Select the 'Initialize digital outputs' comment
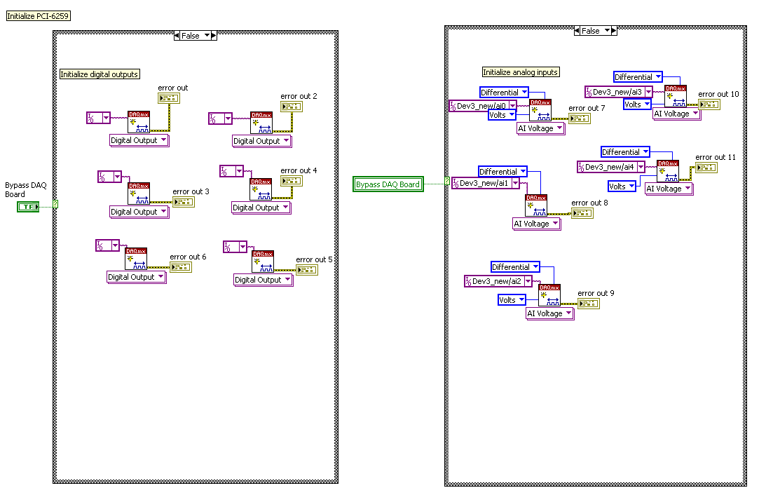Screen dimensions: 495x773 pos(99,74)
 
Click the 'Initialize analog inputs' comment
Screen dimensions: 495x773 pos(521,72)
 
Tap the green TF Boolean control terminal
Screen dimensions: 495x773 pos(28,206)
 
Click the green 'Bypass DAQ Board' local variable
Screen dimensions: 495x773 pos(388,184)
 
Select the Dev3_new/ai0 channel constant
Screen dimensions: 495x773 pos(482,106)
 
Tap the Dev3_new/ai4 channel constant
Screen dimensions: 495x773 pos(610,167)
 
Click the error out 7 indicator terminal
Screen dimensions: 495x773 pos(579,118)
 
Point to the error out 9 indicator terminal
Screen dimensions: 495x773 pos(587,304)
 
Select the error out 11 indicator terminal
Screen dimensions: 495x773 pos(706,168)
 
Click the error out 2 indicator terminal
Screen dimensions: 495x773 pos(291,107)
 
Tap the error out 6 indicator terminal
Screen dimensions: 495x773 pos(181,267)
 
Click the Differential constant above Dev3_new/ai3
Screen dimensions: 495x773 pos(638,77)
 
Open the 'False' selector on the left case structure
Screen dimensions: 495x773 pos(196,36)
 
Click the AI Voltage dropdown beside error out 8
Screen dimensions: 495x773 pos(537,224)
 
